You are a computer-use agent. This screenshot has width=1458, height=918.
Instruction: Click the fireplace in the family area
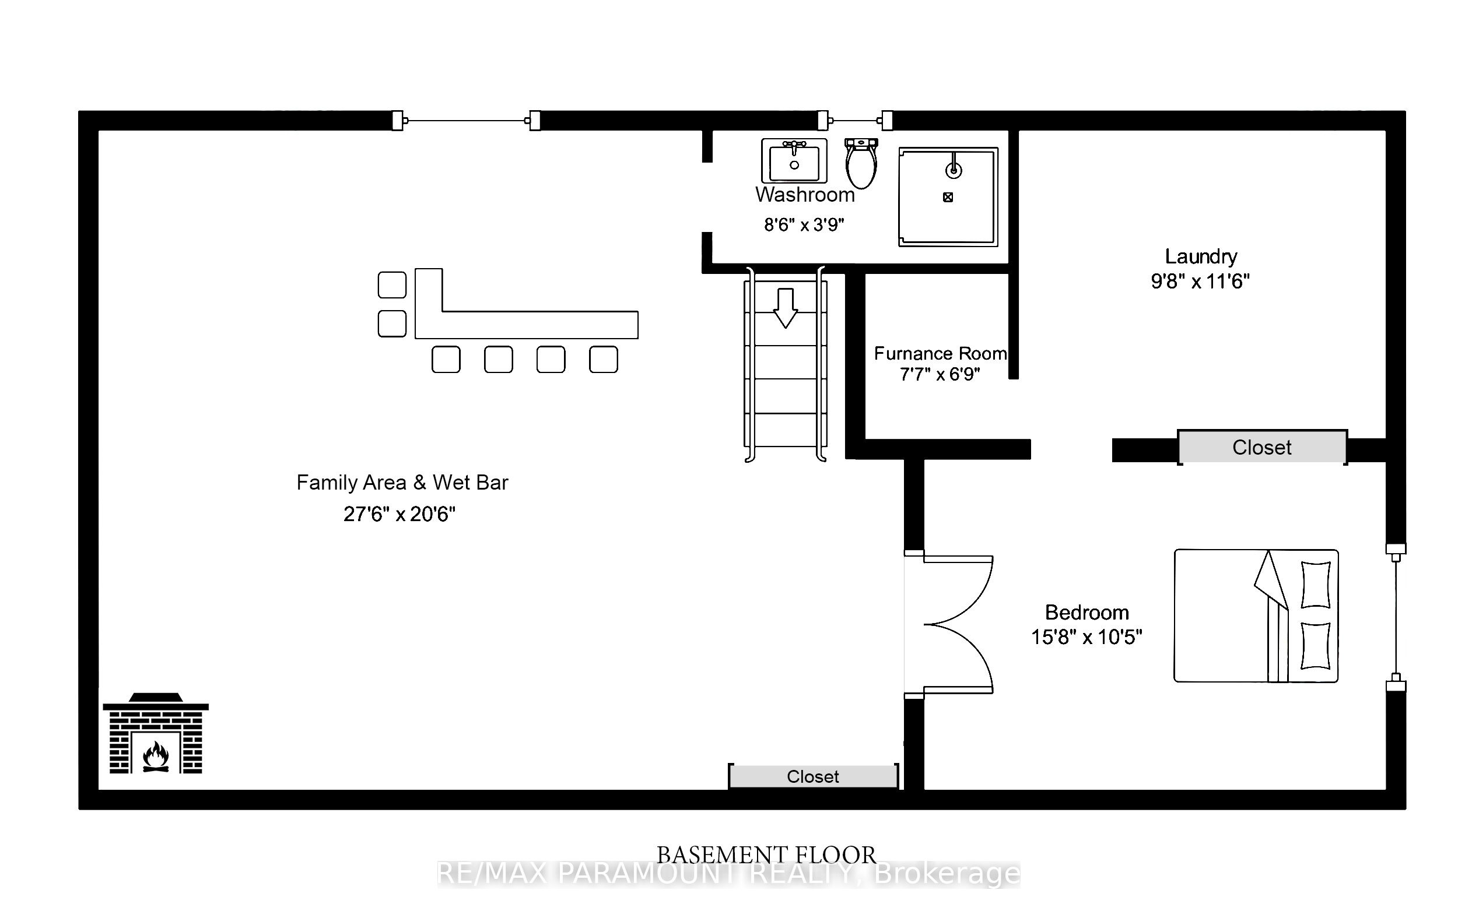click(x=156, y=733)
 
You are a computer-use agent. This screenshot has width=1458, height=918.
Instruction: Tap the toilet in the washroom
click(x=861, y=163)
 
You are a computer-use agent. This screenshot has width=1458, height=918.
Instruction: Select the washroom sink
click(x=794, y=161)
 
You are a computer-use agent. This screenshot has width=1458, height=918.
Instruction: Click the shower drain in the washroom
click(x=948, y=196)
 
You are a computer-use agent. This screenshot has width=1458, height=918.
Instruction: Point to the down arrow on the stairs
click(x=786, y=308)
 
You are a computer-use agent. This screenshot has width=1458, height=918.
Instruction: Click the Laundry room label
click(x=1201, y=256)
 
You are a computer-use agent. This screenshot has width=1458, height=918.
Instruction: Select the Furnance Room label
click(x=940, y=353)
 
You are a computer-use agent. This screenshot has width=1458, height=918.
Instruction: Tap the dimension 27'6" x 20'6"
click(x=399, y=513)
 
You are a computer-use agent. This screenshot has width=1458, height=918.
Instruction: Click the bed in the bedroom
click(x=1256, y=615)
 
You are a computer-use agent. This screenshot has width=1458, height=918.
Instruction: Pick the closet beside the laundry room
click(x=1262, y=447)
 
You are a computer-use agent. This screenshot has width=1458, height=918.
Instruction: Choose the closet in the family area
click(x=812, y=776)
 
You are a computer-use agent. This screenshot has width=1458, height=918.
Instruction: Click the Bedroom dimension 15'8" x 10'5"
click(x=1087, y=637)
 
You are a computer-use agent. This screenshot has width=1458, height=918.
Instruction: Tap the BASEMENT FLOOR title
click(x=766, y=855)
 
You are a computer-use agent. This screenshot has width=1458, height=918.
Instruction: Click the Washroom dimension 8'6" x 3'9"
click(x=804, y=224)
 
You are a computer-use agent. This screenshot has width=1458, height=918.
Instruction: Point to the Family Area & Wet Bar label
click(x=402, y=482)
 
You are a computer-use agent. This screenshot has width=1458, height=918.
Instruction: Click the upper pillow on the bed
click(x=1316, y=584)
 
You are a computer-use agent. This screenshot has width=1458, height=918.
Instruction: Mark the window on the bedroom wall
click(x=1396, y=617)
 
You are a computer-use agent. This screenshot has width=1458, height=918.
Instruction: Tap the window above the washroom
click(x=855, y=121)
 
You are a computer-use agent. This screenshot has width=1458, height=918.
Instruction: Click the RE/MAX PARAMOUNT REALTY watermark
click(x=728, y=874)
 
